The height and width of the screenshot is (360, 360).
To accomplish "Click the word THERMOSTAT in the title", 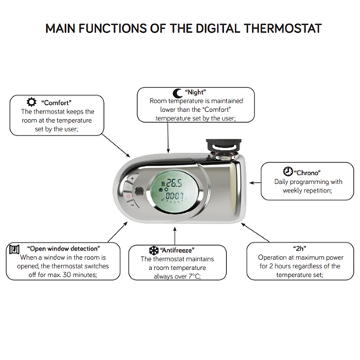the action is [283, 28].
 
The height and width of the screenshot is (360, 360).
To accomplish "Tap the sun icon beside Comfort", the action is [31, 102].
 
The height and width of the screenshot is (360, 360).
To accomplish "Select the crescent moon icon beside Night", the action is [178, 93].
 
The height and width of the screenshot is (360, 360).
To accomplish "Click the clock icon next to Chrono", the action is [288, 171].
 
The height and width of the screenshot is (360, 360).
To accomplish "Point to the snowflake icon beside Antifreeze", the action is [153, 250].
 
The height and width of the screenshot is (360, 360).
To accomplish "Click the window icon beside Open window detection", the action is [14, 250].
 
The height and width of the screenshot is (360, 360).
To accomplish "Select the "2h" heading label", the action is [300, 248].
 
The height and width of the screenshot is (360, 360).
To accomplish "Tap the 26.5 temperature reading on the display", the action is [174, 183].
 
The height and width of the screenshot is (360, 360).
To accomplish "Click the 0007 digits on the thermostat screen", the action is [175, 196].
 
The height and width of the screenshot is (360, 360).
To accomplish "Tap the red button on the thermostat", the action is [128, 196].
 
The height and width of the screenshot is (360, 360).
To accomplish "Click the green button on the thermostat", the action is [128, 187].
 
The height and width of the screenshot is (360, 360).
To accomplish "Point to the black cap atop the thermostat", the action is [224, 144].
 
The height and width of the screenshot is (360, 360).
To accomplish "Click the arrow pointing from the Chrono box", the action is [255, 183].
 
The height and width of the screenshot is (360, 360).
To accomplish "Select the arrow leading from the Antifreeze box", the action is [175, 236].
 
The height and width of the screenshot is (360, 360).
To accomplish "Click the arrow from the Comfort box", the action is [116, 146].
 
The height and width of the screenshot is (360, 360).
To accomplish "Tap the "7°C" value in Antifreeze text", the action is [194, 276].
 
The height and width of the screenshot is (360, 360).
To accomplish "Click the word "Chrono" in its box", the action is [308, 173].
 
